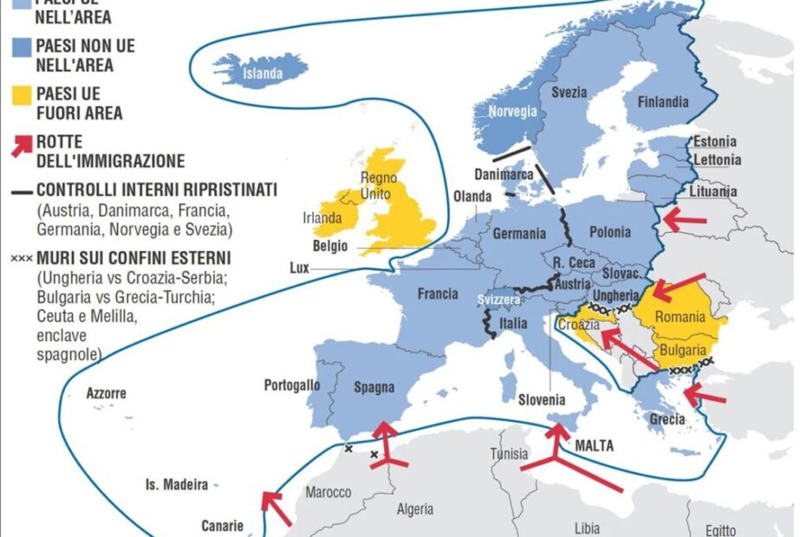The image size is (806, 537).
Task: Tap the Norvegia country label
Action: click(512, 112)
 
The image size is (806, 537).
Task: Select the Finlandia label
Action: click(663, 102)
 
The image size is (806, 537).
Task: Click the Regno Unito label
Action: click(379, 184)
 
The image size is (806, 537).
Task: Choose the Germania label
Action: click(519, 234)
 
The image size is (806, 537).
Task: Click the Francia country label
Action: click(438, 294)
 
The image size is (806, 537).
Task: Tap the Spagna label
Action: click(374, 387)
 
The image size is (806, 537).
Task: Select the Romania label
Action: click(679, 317)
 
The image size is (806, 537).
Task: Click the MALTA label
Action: click(594, 446)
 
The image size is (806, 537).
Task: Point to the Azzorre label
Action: click(107, 394)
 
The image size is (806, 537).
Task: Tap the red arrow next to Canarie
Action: click(276, 508)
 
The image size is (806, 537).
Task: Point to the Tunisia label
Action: click(509, 454)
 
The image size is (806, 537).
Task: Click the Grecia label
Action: click(667, 420)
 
